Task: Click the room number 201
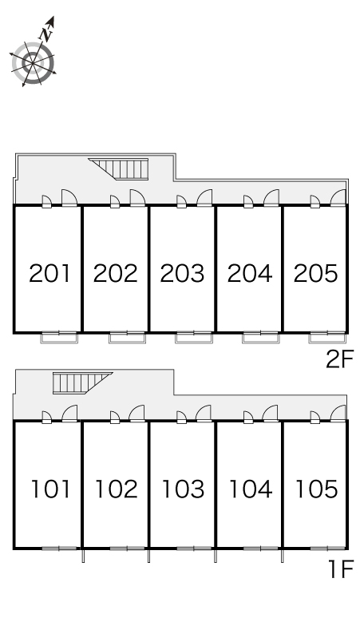pyautogui.click(x=49, y=273)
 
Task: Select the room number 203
pyautogui.click(x=182, y=273)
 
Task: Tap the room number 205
pyautogui.click(x=315, y=273)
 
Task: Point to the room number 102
pyautogui.click(x=117, y=489)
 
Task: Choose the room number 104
pyautogui.click(x=250, y=489)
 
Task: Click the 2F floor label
pyautogui.click(x=340, y=359)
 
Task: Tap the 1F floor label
pyautogui.click(x=341, y=569)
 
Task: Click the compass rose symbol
pyautogui.click(x=33, y=63)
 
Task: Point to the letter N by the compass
pyautogui.click(x=47, y=34)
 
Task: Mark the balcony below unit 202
pyautogui.click(x=127, y=338)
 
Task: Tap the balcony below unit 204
pyautogui.click(x=261, y=338)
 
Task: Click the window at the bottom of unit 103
pyautogui.click(x=193, y=549)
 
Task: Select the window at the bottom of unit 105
pyautogui.click(x=327, y=549)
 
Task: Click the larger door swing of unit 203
pyautogui.click(x=204, y=198)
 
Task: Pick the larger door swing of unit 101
pyautogui.click(x=69, y=414)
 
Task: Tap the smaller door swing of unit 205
pyautogui.click(x=315, y=201)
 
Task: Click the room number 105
pyautogui.click(x=316, y=489)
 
